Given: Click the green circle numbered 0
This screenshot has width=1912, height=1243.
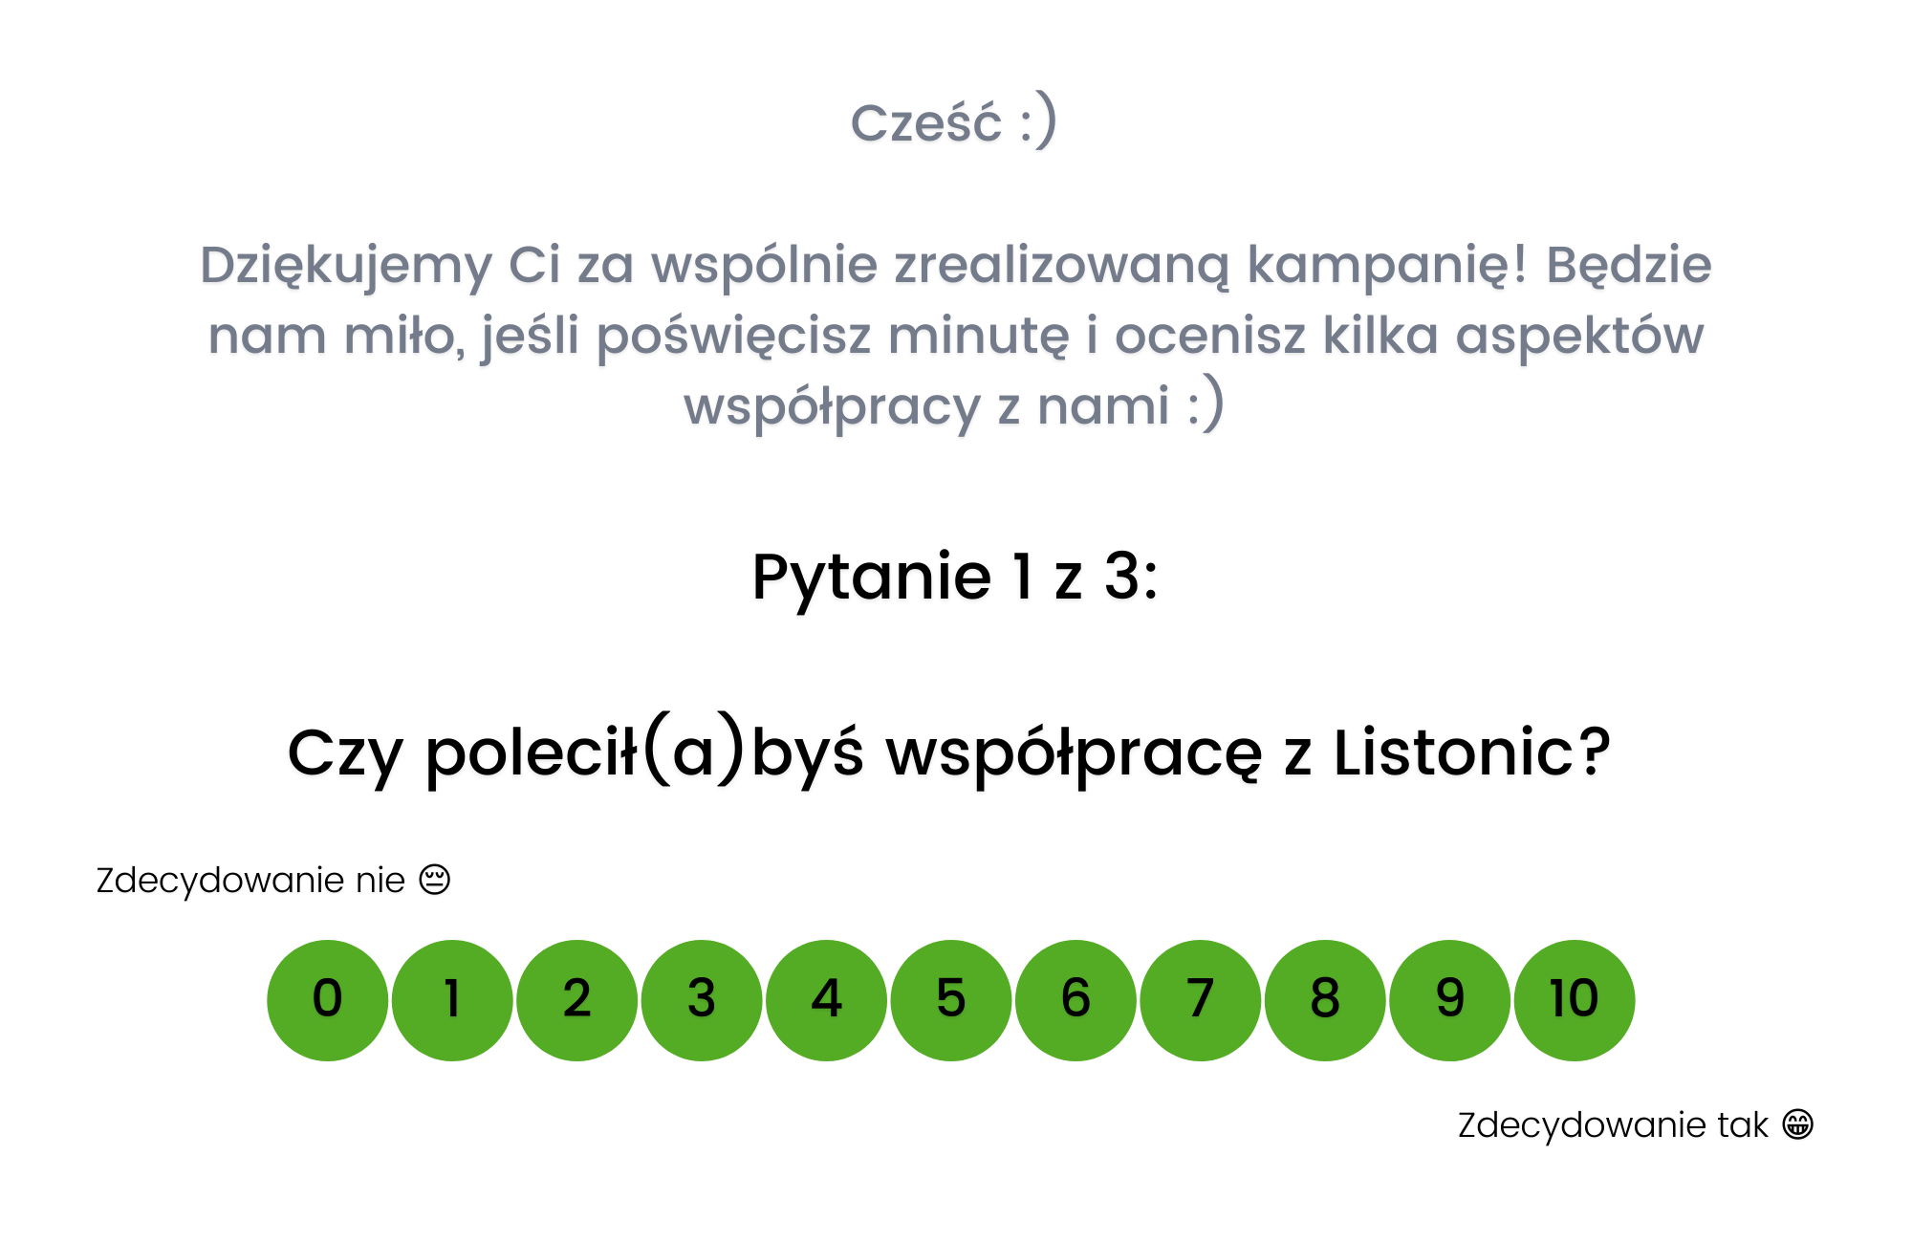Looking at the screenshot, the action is point(328,1000).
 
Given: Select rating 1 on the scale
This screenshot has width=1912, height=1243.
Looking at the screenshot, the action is point(452,1000).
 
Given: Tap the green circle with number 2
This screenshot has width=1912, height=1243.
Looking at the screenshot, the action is point(577,1000).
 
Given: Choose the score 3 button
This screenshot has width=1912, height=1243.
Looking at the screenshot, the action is point(702,1000).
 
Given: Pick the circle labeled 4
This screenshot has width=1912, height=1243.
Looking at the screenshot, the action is point(827,1000).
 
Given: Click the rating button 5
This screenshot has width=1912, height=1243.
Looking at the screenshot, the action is point(951,1000).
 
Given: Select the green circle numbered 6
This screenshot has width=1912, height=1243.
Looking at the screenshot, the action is point(1076,1000).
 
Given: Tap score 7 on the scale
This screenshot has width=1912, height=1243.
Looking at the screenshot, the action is point(1201,1000).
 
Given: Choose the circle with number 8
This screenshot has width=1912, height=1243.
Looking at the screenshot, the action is point(1325,1000).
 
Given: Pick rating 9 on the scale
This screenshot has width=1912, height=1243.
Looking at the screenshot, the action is point(1450,1000).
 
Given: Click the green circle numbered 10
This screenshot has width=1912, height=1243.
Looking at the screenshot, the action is point(1575,1000).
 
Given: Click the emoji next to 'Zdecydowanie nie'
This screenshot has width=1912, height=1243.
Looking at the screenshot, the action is point(435,880).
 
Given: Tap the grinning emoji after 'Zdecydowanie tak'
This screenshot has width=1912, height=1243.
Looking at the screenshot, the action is point(1798,1124).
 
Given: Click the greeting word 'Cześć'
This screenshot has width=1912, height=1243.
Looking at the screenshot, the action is point(926,123).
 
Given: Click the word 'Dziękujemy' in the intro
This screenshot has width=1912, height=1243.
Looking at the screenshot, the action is point(345,267).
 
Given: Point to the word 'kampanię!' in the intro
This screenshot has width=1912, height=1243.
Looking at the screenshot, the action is point(1387,267).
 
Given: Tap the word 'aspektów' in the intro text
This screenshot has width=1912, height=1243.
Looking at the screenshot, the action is point(1579,338).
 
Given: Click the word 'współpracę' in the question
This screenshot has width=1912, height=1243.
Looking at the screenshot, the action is point(1075,755).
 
